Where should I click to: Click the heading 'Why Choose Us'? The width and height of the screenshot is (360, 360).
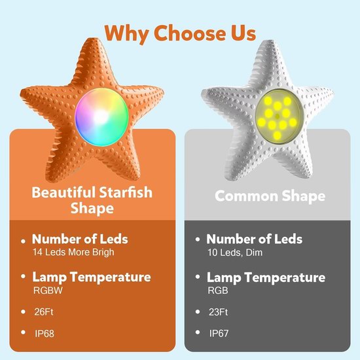point(180,33)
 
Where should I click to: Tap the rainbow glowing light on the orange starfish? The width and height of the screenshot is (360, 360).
point(101,117)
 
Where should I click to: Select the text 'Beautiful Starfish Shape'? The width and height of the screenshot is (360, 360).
point(92,200)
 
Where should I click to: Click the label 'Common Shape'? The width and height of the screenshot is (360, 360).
point(270,196)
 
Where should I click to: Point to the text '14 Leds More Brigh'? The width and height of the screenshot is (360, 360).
point(73,252)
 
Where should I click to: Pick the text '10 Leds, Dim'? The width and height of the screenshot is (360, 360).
point(235,253)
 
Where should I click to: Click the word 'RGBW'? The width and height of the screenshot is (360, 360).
point(48,291)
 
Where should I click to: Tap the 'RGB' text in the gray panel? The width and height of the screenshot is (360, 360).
point(218,291)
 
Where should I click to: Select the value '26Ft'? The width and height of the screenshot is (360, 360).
point(44,312)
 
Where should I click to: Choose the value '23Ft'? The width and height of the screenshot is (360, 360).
point(218,312)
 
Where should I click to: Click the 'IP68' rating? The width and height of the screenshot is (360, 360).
point(45,333)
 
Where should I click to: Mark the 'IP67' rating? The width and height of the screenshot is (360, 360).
point(219,333)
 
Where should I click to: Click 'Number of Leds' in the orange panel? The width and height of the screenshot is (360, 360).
point(80,239)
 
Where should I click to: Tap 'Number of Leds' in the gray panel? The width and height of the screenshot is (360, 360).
point(255,239)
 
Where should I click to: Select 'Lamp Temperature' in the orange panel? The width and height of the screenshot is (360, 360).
point(92,277)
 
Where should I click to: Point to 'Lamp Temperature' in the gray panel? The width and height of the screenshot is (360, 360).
point(266,278)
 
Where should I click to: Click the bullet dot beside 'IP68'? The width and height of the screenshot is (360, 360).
point(23,332)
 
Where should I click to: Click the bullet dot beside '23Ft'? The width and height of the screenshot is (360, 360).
point(198,312)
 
